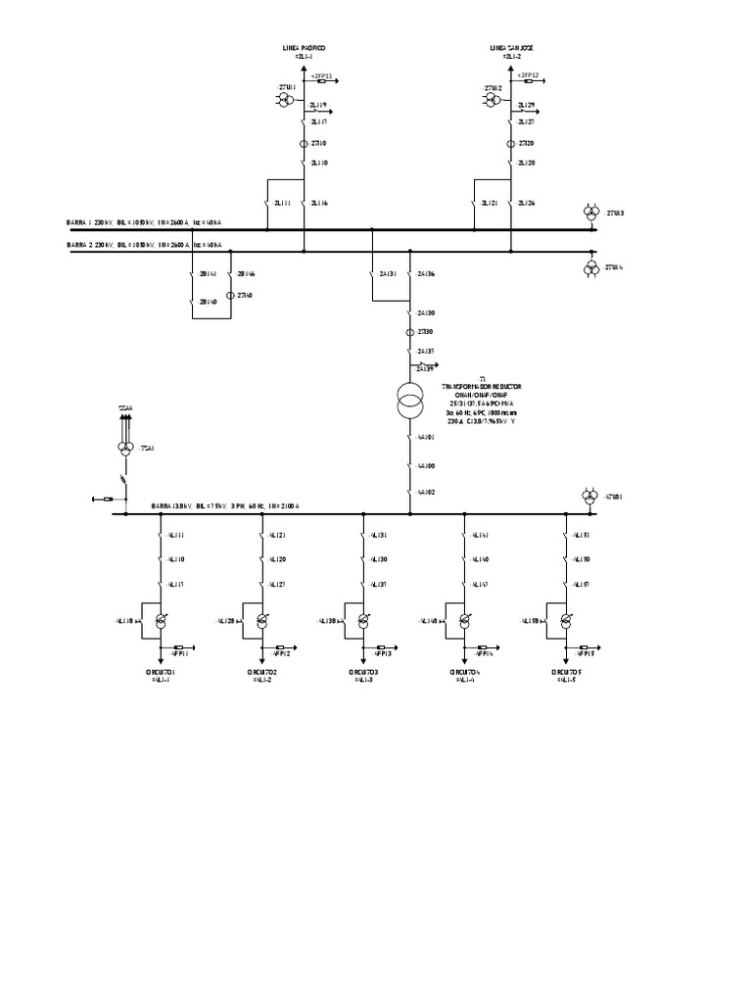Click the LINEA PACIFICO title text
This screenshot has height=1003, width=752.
304,47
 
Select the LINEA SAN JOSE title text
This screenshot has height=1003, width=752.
511,47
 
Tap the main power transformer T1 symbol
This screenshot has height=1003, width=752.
409,400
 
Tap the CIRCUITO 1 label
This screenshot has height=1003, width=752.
160,672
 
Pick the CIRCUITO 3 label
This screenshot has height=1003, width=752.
362,672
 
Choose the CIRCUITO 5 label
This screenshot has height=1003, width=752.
567,672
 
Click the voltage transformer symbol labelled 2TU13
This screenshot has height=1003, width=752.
590,213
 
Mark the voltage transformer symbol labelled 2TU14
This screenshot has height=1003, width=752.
590,266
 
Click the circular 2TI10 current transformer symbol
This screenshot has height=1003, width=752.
304,144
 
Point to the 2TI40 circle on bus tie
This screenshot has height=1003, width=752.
230,295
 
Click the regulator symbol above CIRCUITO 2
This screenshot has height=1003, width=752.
261,621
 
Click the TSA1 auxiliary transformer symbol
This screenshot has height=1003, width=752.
124,448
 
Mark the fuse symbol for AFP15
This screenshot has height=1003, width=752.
586,647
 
